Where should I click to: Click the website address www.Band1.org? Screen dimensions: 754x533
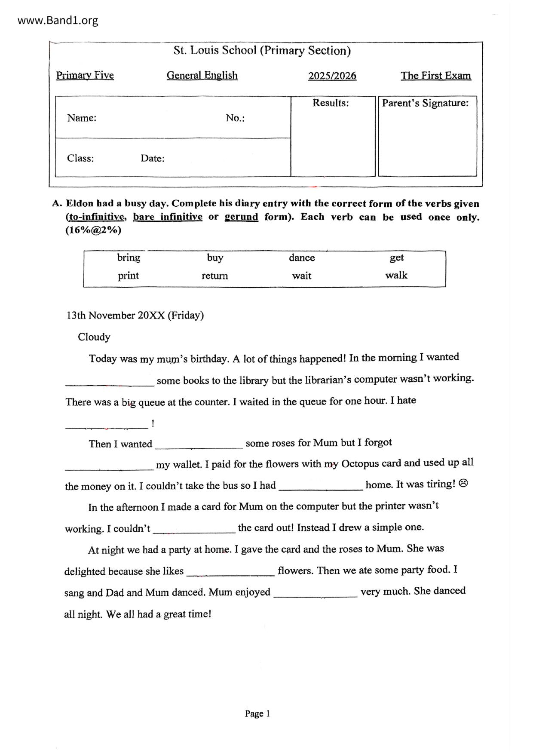(x=58, y=20)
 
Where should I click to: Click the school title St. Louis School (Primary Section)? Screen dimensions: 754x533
(x=262, y=51)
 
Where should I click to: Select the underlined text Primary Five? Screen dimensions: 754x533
(x=85, y=76)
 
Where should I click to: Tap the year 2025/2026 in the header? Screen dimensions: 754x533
(x=332, y=76)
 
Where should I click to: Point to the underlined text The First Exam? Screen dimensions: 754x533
(x=435, y=76)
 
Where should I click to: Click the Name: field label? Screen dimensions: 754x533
(x=82, y=118)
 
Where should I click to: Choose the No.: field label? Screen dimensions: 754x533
(x=235, y=118)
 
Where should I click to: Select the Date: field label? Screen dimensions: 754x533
(x=153, y=158)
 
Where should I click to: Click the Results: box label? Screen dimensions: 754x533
(x=331, y=103)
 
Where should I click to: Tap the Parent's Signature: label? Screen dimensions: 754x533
(x=425, y=103)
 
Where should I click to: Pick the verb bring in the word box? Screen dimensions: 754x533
(x=129, y=258)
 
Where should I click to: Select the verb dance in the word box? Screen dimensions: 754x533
(x=302, y=258)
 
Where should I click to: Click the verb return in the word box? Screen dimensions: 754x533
(x=214, y=276)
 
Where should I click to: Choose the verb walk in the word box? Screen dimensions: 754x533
(x=396, y=276)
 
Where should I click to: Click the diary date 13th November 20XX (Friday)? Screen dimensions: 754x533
(x=135, y=316)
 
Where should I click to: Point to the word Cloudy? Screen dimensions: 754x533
(x=94, y=337)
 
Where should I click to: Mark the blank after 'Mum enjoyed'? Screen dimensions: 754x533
(x=315, y=594)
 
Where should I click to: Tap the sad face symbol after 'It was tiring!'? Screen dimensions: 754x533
(x=463, y=484)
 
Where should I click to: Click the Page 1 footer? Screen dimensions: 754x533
(x=257, y=714)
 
